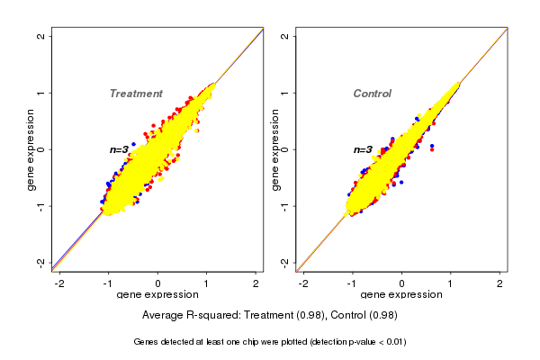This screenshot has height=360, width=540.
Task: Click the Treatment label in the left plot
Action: pyautogui.click(x=136, y=94)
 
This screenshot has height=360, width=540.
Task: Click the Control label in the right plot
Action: pyautogui.click(x=373, y=94)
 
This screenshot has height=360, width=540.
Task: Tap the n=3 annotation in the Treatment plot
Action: pyautogui.click(x=120, y=149)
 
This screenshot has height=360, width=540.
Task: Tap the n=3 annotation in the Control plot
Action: pyautogui.click(x=363, y=150)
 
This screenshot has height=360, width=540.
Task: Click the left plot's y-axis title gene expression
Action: pyautogui.click(x=31, y=149)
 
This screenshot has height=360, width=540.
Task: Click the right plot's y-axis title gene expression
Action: pyautogui.click(x=275, y=149)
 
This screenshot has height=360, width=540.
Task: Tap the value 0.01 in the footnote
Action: pyautogui.click(x=394, y=342)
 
